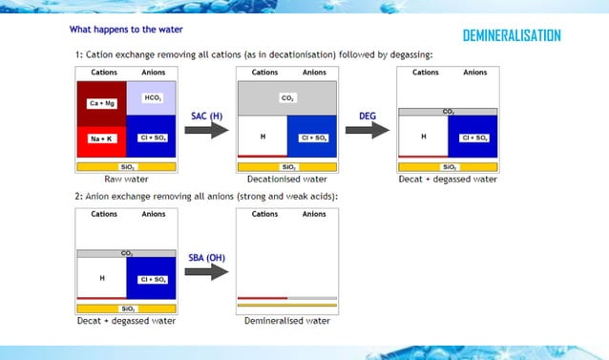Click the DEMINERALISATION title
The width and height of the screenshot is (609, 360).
(511, 36)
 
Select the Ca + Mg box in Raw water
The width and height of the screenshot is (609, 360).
(102, 103)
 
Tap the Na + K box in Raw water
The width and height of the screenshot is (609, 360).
(102, 138)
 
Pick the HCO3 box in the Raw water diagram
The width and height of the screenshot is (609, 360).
(152, 98)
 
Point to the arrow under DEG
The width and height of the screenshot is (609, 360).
(366, 129)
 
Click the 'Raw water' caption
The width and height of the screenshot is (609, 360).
(126, 179)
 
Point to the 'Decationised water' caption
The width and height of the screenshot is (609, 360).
(287, 179)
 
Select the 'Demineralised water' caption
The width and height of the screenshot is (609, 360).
(287, 321)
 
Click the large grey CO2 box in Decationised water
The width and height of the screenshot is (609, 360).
(287, 97)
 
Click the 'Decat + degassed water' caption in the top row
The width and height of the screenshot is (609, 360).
(448, 179)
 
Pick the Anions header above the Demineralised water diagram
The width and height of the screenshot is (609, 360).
(314, 214)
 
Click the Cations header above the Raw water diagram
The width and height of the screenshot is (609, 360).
(104, 72)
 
